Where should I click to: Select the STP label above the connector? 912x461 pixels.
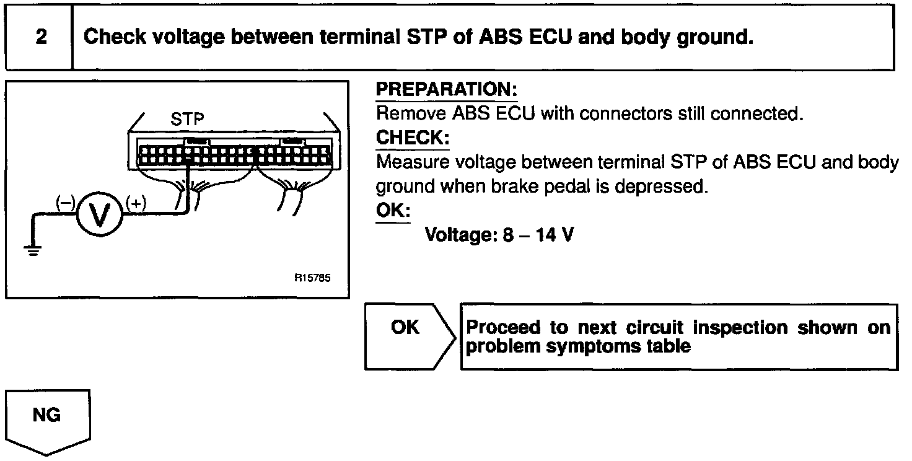(187, 118)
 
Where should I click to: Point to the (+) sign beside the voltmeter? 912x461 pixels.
(135, 202)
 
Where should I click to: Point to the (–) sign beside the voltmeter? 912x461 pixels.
(64, 202)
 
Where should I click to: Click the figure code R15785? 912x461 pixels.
(312, 278)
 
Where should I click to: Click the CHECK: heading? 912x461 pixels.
(413, 138)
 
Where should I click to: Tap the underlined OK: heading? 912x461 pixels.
(393, 211)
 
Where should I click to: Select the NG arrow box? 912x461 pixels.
(48, 418)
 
